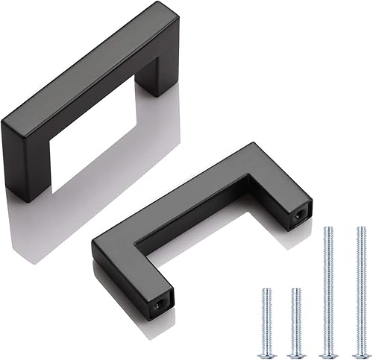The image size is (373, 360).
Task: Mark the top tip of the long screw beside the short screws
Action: (x=327, y=227)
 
